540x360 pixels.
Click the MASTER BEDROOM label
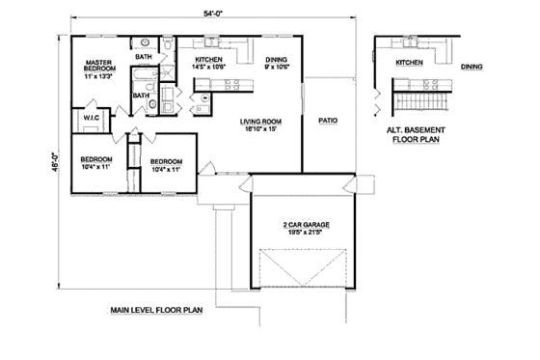click(x=99, y=65)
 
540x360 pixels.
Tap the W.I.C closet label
click(x=92, y=120)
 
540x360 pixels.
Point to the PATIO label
click(x=328, y=121)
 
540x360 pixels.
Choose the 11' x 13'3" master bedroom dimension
click(x=99, y=77)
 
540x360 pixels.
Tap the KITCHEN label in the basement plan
click(x=409, y=63)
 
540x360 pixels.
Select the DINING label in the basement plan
click(x=472, y=67)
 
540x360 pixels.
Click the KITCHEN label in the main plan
click(x=210, y=60)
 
